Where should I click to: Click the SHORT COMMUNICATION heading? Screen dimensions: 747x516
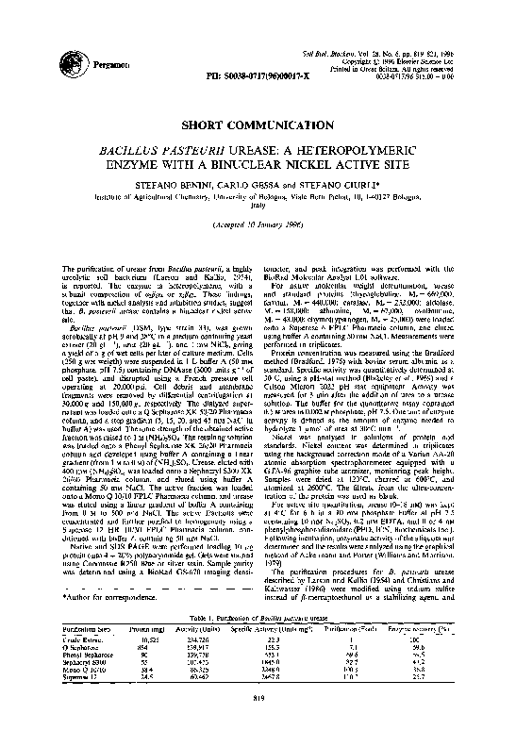click(258, 124)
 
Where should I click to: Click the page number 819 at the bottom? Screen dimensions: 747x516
click(258, 724)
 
